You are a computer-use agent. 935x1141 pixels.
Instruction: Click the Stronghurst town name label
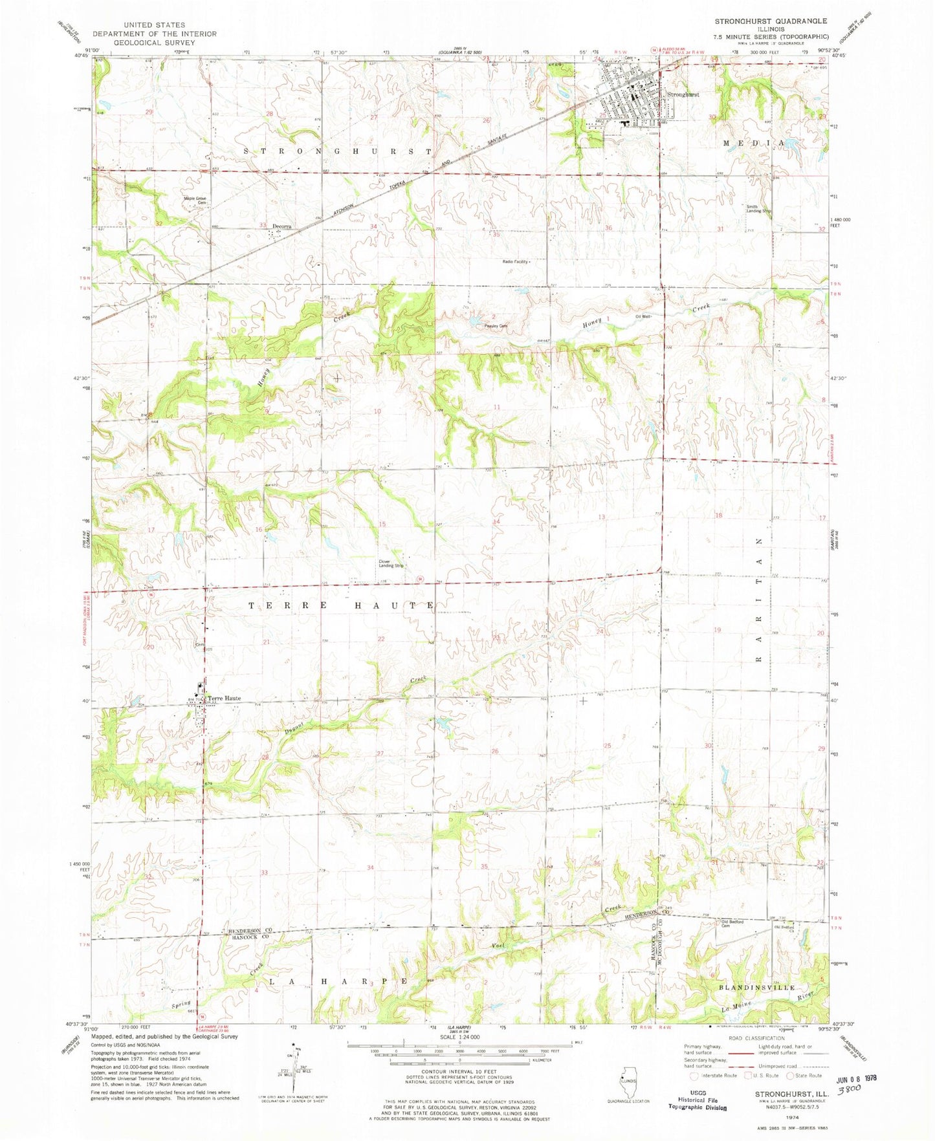(x=683, y=94)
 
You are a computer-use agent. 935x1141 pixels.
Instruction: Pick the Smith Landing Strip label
(x=759, y=209)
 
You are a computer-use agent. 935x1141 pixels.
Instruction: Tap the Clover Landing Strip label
(x=391, y=563)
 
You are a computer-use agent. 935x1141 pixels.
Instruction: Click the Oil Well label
(x=643, y=316)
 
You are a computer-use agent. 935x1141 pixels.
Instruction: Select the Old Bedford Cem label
(x=732, y=923)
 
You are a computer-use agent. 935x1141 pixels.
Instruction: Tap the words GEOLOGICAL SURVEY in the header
(x=153, y=43)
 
